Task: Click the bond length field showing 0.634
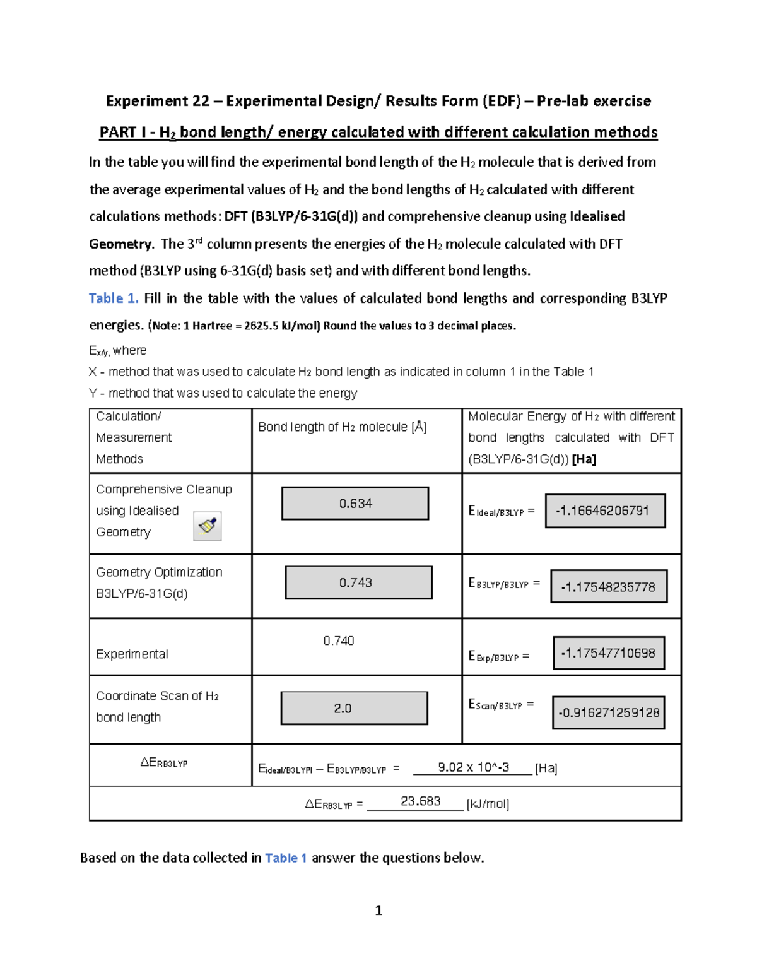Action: tap(355, 504)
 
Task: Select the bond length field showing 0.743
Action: tap(358, 582)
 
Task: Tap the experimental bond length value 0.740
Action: tap(339, 641)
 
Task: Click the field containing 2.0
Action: tap(354, 708)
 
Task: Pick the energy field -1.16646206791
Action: tap(605, 511)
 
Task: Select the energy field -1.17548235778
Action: tap(609, 587)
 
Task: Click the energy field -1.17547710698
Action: tap(609, 653)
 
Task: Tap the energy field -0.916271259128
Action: tap(609, 712)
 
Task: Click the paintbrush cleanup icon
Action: tap(207, 526)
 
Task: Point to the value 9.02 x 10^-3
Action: tap(473, 767)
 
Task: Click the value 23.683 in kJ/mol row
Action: tap(420, 801)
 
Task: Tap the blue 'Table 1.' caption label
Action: tap(114, 298)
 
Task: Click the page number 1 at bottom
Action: tap(378, 910)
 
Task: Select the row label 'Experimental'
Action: tap(132, 654)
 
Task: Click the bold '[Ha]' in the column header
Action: tap(584, 459)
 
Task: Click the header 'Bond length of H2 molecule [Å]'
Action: tap(342, 427)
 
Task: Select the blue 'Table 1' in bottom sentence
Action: tap(286, 858)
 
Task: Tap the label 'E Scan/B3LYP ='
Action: tap(501, 704)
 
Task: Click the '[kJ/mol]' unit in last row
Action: tap(488, 804)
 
